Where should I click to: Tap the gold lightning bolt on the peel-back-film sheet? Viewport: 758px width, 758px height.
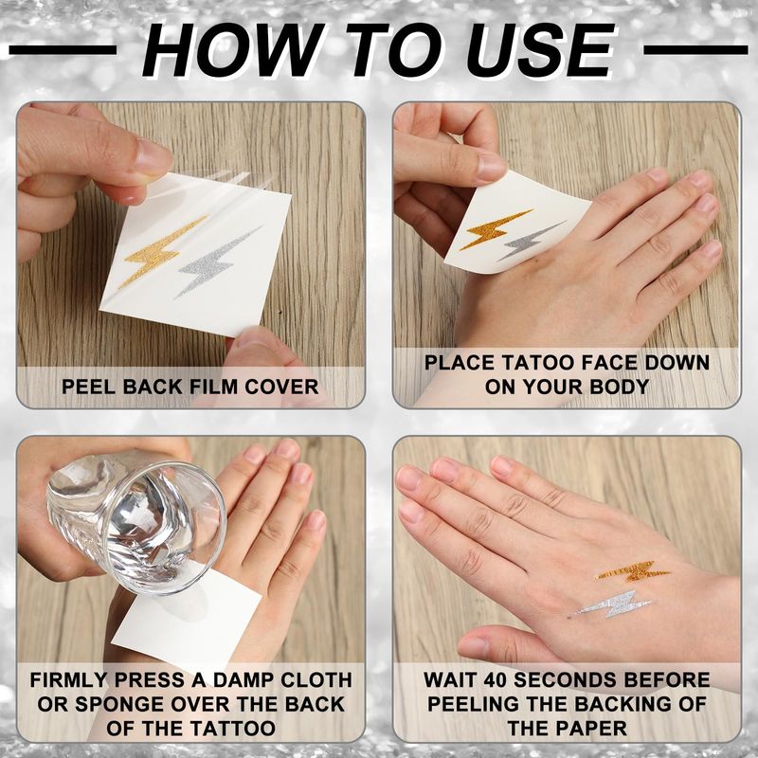pos(162,251)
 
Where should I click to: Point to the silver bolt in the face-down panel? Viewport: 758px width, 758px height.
pos(532,241)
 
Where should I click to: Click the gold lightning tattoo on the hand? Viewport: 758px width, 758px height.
pos(632,572)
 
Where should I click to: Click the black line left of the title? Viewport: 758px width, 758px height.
pos(63,50)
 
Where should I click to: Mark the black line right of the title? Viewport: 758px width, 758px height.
pos(695,50)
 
